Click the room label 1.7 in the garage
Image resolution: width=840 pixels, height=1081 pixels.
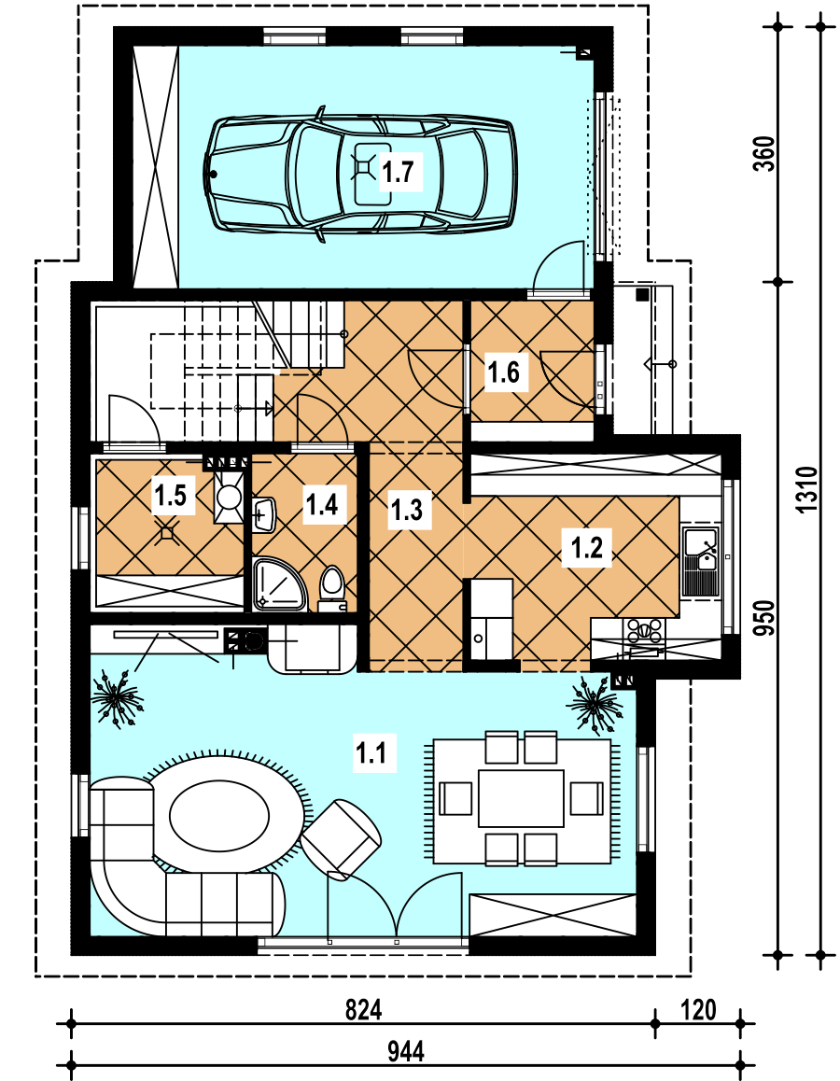coord(398,171)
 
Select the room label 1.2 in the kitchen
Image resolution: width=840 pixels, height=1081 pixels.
coord(587,547)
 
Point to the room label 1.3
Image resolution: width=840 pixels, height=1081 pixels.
coord(407,511)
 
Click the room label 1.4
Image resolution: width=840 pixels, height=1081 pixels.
coord(322,505)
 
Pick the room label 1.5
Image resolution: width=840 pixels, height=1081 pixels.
coord(170,495)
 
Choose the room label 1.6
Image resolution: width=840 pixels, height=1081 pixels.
coord(504,372)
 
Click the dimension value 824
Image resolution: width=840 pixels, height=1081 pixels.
coord(363,1010)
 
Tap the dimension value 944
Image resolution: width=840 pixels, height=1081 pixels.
coord(406,1052)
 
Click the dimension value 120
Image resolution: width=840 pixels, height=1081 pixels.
coord(698,1010)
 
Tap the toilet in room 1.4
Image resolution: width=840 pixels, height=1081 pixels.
coord(331,589)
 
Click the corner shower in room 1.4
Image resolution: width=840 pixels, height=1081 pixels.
coord(278,584)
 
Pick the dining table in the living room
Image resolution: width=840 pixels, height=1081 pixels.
coord(521,797)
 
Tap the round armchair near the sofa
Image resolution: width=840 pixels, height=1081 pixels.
coord(341,839)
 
